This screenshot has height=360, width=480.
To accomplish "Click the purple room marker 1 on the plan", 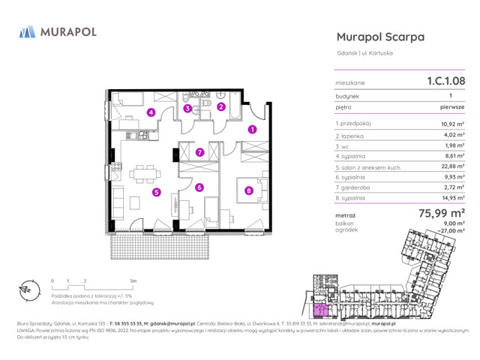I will tap(252, 129).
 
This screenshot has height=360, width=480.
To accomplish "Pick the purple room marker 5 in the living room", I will tap(156, 192).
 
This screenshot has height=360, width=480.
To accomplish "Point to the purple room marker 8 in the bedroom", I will tap(248, 190).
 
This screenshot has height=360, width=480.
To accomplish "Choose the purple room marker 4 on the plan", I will tap(151, 113).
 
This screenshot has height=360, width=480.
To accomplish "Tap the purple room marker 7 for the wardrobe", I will tap(199, 152).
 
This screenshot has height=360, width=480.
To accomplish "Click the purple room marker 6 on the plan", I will tap(199, 187).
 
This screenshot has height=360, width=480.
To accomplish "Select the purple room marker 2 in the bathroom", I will tap(221, 106).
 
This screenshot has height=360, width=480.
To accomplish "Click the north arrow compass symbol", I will tap(27, 289).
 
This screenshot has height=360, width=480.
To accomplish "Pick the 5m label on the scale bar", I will tap(133, 280).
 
